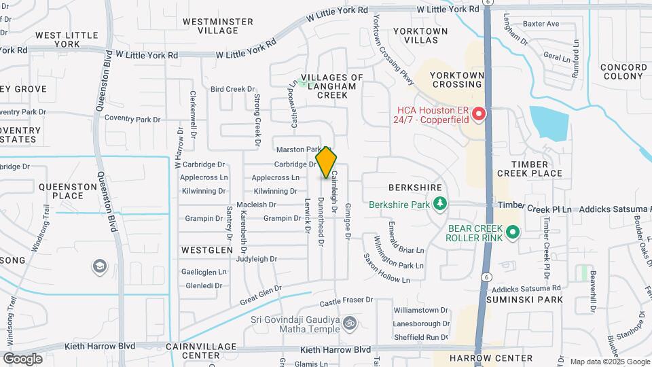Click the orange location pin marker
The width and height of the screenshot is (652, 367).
pos(327,162)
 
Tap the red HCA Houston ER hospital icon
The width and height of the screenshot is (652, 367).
pos(478,113)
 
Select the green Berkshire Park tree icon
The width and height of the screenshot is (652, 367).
pos(440,203)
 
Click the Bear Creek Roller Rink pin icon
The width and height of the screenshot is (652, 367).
pos(513,232)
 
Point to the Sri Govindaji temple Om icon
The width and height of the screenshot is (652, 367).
pos(349,321)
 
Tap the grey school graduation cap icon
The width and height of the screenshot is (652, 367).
pos(100,265)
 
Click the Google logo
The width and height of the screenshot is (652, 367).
pos(22,358)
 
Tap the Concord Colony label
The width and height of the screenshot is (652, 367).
pos(623,71)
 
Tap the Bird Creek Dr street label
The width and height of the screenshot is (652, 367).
pos(232,89)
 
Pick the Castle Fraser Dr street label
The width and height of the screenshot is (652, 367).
pos(346,299)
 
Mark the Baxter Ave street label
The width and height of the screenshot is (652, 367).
pos(541,24)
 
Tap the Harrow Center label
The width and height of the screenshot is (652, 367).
pos(491,357)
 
